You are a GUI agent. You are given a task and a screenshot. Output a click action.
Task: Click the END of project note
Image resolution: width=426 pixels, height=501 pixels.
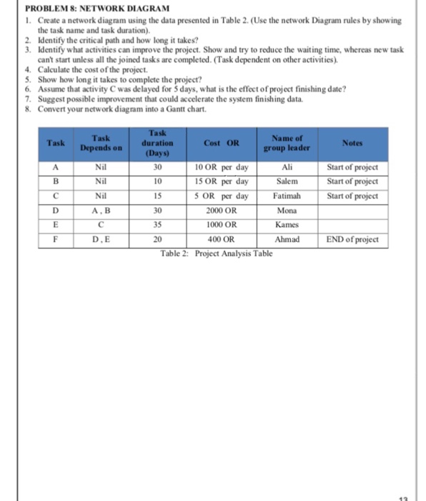coord(352,240)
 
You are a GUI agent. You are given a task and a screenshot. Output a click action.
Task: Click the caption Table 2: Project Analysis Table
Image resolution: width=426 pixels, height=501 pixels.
coord(217,253)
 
